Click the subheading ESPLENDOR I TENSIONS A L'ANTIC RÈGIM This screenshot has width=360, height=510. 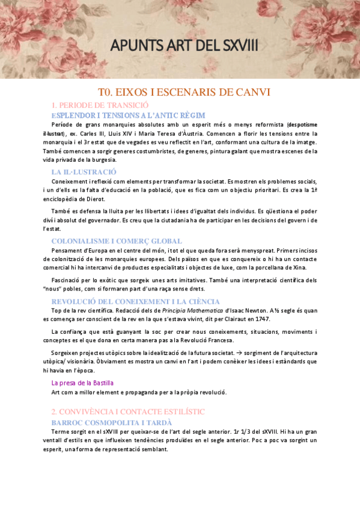click(128, 115)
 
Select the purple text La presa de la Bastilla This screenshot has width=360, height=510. click(82, 382)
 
